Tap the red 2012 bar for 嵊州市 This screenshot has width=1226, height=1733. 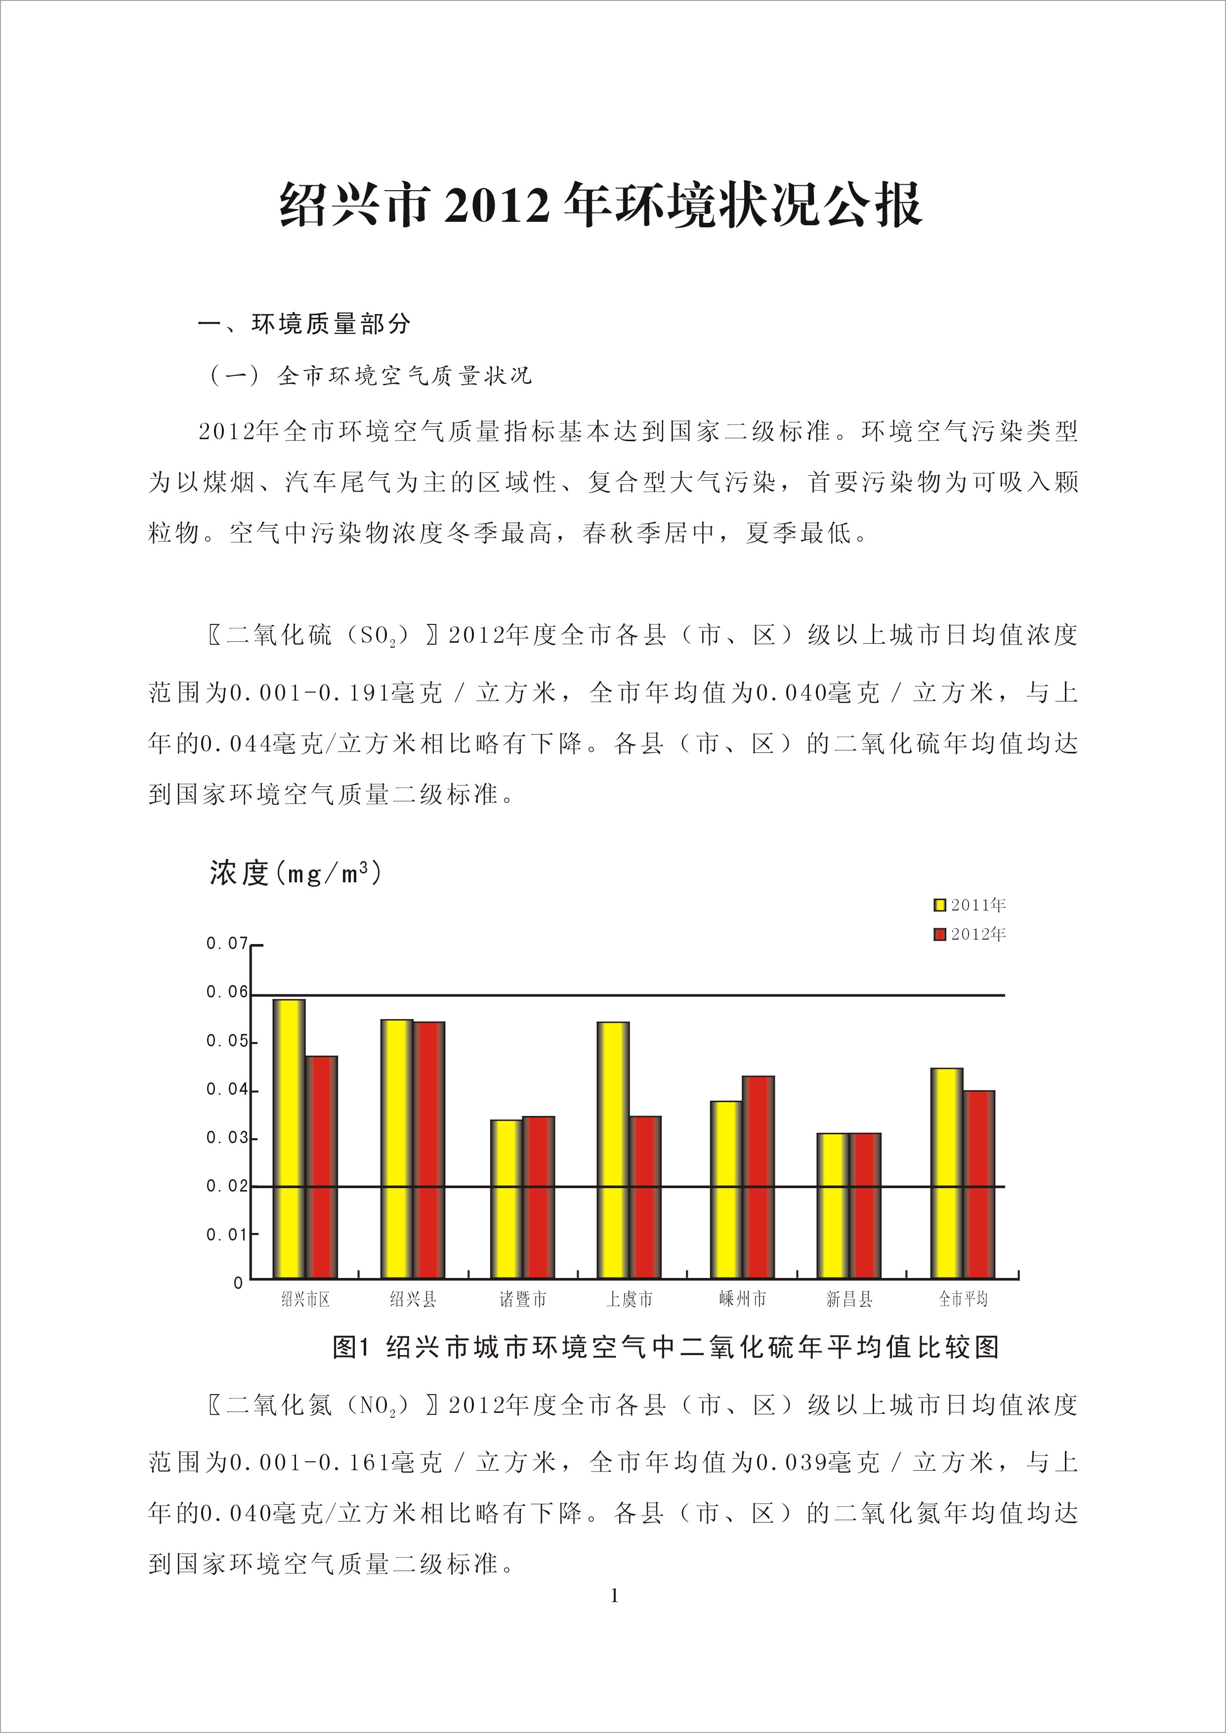tap(759, 1177)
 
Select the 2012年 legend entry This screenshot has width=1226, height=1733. tap(970, 935)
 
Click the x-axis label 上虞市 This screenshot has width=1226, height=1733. tap(629, 1299)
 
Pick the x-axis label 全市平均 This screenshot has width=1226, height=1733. tap(963, 1299)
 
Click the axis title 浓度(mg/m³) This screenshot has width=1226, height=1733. tap(296, 873)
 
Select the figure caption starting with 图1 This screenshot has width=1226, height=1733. tap(666, 1347)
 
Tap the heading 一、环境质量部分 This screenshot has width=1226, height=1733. tap(304, 324)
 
